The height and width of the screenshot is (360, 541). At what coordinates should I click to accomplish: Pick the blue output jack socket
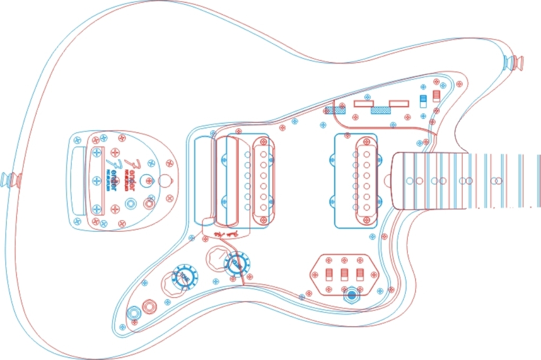[x=134, y=314]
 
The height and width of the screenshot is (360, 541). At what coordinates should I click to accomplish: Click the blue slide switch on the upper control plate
[x=423, y=101]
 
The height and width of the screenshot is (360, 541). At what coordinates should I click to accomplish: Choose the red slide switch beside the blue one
[x=436, y=96]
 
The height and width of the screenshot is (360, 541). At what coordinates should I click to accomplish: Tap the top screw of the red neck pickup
[x=365, y=141]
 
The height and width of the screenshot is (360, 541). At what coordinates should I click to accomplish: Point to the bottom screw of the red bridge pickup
[x=263, y=220]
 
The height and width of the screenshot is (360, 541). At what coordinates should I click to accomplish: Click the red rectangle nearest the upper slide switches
[x=400, y=103]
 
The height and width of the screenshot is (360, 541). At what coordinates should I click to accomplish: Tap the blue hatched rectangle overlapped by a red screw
[x=335, y=110]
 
